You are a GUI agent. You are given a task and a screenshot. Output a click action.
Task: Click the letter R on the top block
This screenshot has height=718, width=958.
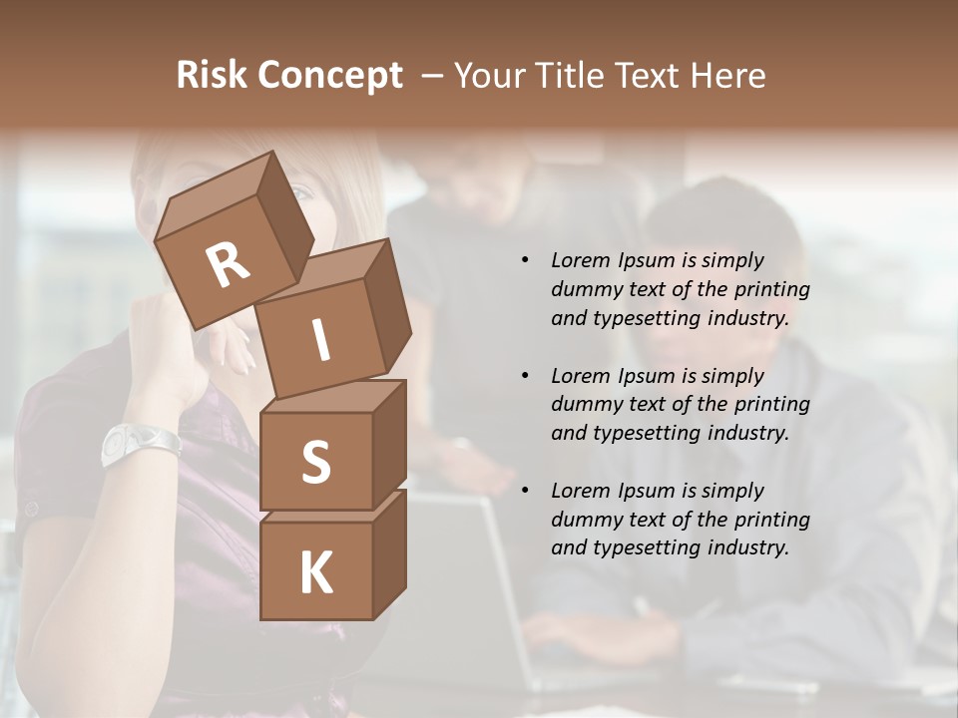(228, 265)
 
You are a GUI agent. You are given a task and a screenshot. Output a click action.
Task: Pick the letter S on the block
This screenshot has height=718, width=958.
(315, 462)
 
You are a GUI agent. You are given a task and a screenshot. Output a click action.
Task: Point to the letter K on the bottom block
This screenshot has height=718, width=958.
(315, 573)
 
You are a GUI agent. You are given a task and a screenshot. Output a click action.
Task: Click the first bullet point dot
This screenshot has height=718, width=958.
(525, 261)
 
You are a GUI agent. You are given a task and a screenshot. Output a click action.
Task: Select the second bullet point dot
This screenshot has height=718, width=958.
(525, 376)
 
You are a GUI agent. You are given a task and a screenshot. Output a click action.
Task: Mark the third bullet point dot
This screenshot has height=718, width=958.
(525, 491)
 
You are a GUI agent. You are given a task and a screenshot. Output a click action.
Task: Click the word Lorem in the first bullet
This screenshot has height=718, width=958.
(579, 261)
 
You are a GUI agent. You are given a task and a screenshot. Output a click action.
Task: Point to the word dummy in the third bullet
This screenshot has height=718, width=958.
(583, 520)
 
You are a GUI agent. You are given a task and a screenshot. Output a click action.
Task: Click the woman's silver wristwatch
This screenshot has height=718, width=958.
(140, 443)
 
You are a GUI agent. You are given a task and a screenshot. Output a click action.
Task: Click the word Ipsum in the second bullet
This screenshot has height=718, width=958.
(647, 376)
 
